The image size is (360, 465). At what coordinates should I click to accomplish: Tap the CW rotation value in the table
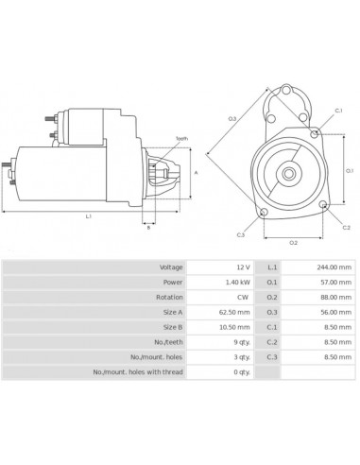pyautogui.click(x=242, y=298)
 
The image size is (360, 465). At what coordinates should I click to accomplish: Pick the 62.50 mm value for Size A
pyautogui.click(x=234, y=313)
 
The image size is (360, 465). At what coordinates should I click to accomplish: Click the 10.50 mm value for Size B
pyautogui.click(x=234, y=327)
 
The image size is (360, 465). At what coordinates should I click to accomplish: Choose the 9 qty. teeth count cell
pyautogui.click(x=239, y=342)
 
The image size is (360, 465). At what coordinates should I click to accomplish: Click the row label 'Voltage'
pyautogui.click(x=171, y=267)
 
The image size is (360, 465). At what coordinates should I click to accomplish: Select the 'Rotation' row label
pyautogui.click(x=170, y=298)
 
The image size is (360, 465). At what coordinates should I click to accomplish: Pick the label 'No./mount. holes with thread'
pyautogui.click(x=138, y=372)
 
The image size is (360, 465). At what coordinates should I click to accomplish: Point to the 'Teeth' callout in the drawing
pyautogui.click(x=181, y=139)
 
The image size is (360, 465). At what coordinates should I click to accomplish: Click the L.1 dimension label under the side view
pyautogui.click(x=88, y=216)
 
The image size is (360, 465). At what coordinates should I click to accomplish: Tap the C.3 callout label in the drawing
pyautogui.click(x=241, y=234)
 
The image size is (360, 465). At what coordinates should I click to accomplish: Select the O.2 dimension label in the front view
pyautogui.click(x=293, y=243)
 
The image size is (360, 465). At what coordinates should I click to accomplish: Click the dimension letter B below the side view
pyautogui.click(x=148, y=229)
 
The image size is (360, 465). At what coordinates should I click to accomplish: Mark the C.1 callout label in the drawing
pyautogui.click(x=338, y=111)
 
